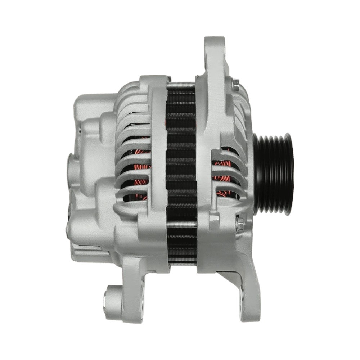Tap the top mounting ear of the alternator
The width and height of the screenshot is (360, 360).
click(215, 50)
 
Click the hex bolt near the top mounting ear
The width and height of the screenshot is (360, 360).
click(236, 84)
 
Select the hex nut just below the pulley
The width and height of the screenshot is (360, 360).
click(239, 224)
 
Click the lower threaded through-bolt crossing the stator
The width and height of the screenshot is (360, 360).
click(182, 224)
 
